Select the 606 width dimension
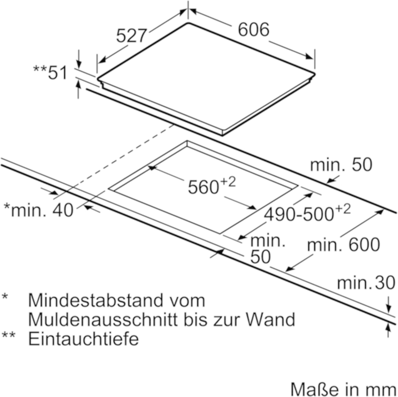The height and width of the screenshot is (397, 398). tap(253, 29)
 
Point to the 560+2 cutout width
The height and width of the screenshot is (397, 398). tap(211, 186)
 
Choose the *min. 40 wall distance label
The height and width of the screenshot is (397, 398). tap(39, 210)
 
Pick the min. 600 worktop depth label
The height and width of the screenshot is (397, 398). tap(343, 245)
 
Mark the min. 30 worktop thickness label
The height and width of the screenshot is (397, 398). tap(366, 283)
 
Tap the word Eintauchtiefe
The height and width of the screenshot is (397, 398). tap(83, 338)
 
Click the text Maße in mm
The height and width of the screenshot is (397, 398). tap(343, 389)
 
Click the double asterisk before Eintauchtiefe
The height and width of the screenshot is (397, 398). tap(8, 335)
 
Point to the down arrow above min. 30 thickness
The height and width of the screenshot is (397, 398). tap(388, 307)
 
